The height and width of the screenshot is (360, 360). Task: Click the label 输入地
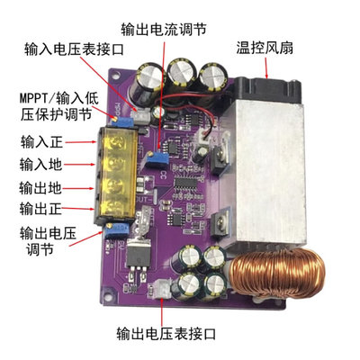(41, 166)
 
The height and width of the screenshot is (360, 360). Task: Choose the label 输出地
(41, 189)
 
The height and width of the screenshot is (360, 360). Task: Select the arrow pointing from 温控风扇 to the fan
(256, 68)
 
